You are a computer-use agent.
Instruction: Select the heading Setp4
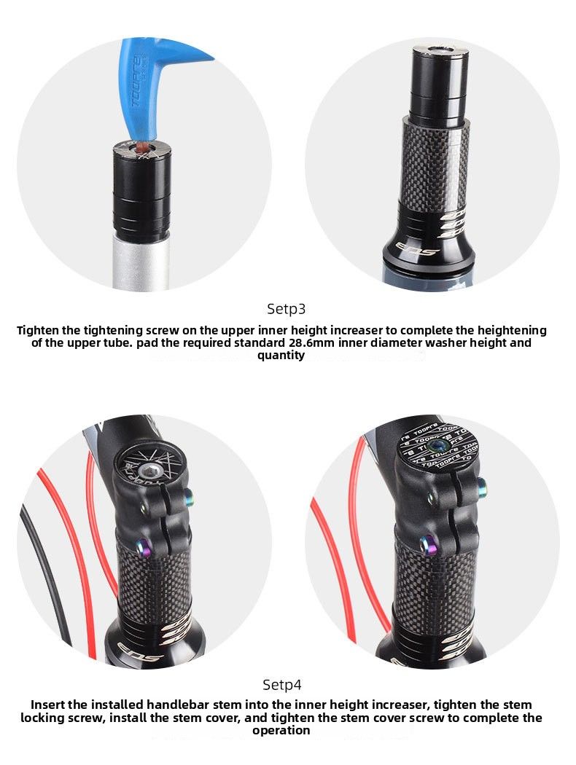click(x=281, y=685)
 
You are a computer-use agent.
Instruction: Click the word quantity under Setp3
click(x=281, y=356)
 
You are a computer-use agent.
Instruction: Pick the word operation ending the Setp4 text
click(x=281, y=730)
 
